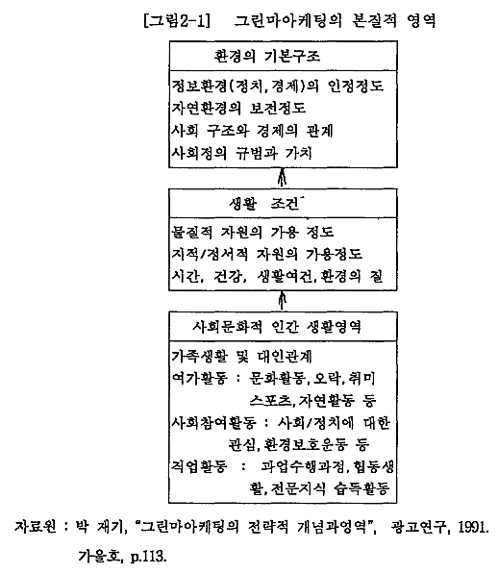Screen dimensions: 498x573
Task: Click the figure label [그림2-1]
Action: [x=177, y=20]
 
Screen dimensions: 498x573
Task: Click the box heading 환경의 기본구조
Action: [x=267, y=57]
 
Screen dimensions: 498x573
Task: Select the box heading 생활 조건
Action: [x=264, y=203]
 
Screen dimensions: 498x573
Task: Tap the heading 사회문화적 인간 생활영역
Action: [x=277, y=326]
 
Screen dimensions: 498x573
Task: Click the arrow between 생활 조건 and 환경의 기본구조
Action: [x=282, y=178]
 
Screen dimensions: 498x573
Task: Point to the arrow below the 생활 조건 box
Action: [x=282, y=301]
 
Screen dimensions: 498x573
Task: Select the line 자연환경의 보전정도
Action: [x=238, y=108]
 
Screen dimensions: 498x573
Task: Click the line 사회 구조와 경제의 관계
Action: [x=252, y=131]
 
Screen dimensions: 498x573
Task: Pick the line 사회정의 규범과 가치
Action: [x=241, y=153]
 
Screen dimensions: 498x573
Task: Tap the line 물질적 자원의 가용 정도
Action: [x=253, y=232]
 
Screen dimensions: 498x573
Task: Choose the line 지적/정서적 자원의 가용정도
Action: [x=266, y=254]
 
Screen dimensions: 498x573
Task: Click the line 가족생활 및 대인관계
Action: [x=241, y=356]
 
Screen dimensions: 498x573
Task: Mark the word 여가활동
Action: [x=200, y=378]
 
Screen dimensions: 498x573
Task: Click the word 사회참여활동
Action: [x=213, y=423]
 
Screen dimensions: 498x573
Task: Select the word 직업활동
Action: [x=200, y=466]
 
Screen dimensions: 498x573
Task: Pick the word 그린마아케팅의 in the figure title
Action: [x=287, y=20]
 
